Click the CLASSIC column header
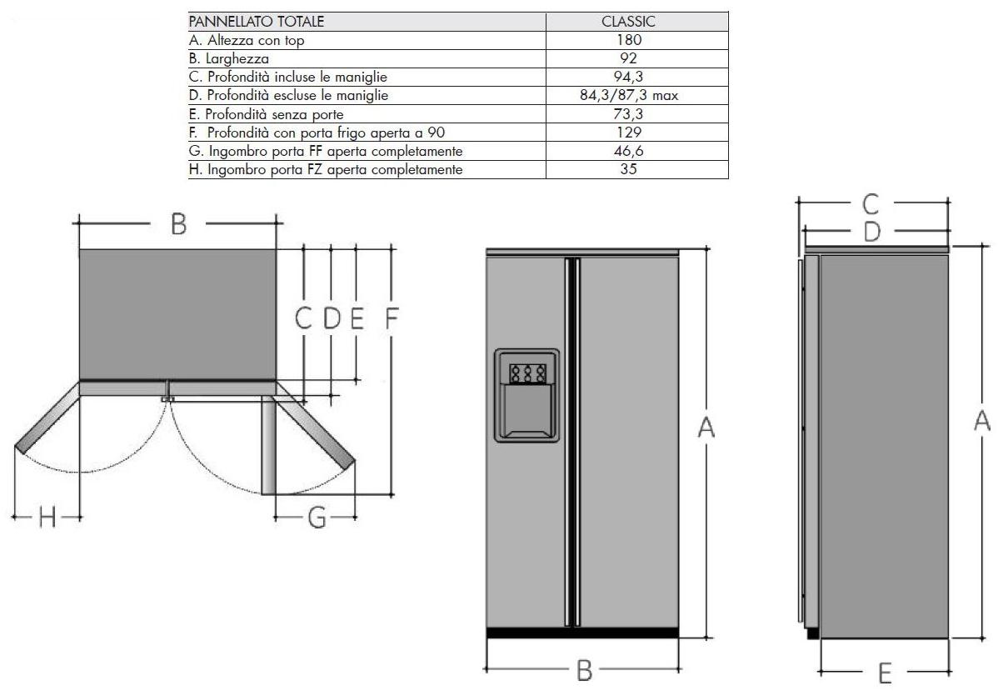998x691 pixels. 627,22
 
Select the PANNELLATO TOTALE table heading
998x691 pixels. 257,22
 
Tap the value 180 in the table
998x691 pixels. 628,40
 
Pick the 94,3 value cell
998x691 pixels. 628,77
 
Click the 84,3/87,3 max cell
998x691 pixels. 628,96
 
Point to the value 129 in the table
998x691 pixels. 628,133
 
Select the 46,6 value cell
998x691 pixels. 628,151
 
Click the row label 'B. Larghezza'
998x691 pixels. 229,58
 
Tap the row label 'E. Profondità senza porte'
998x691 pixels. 266,115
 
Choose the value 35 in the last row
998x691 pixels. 628,169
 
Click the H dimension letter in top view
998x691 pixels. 47,517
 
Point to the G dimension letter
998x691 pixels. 317,517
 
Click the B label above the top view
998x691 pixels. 179,224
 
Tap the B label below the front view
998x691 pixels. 584,670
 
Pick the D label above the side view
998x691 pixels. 872,232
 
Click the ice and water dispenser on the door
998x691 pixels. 527,395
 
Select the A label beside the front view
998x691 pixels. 706,428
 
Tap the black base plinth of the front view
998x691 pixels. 582,633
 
